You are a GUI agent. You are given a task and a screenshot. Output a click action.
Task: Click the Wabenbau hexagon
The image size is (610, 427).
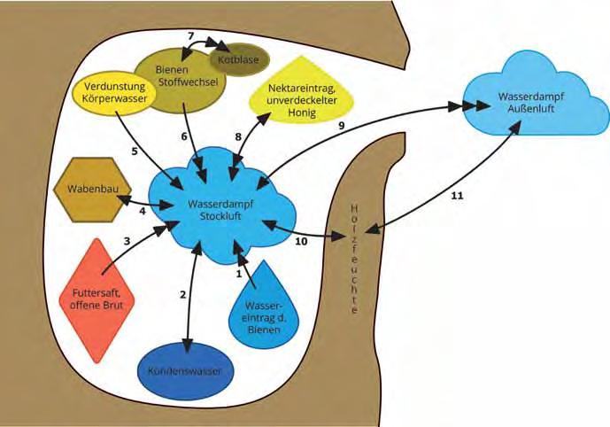(x=93, y=190)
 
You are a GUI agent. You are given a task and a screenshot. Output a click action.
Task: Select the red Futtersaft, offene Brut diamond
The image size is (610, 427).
(x=97, y=300)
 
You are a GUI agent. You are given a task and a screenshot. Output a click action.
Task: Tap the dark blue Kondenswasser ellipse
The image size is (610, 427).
(x=186, y=371)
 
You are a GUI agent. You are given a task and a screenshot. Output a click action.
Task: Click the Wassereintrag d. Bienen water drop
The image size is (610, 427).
(x=263, y=309)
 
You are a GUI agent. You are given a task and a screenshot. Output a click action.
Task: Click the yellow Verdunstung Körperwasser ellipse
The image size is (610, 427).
(x=114, y=93)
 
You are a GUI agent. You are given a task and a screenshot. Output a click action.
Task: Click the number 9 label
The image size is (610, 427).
(x=341, y=125)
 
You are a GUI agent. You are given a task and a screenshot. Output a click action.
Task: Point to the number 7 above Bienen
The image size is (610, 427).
(x=190, y=35)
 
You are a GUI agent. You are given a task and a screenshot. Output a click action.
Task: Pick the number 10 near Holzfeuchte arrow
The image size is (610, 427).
(x=301, y=241)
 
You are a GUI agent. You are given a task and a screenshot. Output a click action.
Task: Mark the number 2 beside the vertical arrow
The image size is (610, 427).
(x=183, y=295)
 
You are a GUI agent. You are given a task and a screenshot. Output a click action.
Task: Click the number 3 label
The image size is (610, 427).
(x=127, y=241)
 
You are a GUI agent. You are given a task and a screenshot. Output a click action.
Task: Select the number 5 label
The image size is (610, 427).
(x=135, y=151)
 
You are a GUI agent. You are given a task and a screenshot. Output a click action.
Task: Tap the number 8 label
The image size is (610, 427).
(x=238, y=136)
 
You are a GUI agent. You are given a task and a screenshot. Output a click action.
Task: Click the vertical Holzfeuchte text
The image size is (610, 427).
(x=354, y=259)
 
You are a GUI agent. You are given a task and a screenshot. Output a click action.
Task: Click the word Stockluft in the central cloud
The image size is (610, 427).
(x=220, y=215)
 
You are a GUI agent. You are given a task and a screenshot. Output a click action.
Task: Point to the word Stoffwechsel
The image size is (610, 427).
(x=188, y=82)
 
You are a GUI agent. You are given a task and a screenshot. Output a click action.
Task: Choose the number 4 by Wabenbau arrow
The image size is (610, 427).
(x=143, y=212)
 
